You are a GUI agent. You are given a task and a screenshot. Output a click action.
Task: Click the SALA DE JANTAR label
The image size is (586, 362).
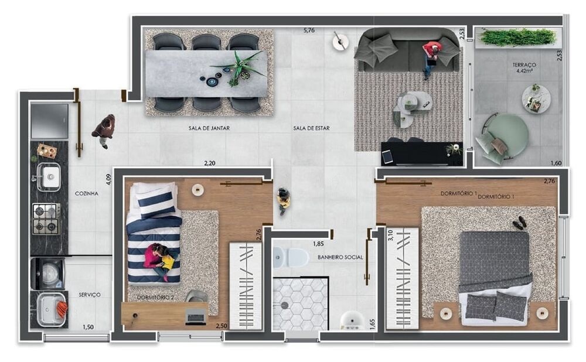point(209,128)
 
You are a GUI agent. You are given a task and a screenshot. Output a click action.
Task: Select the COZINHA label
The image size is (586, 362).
point(86,193)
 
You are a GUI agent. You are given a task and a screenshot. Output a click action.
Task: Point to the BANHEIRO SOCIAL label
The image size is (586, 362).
point(340,257)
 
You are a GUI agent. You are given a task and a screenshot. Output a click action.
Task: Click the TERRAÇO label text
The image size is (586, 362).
point(524,65)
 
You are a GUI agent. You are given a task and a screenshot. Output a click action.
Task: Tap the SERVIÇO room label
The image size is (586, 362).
point(90,295)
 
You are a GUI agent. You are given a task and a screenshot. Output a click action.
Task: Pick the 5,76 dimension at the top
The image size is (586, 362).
point(309,30)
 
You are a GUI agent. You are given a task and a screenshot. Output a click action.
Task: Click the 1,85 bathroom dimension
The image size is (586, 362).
point(318,244)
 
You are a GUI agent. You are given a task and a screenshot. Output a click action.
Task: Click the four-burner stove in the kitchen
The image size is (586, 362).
point(46,218)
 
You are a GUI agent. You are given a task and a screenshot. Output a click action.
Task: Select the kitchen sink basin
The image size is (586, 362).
point(48,175)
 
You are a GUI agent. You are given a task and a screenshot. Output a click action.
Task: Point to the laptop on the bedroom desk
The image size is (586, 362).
point(196,316)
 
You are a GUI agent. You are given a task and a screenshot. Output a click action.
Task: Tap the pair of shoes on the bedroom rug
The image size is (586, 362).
point(519,223)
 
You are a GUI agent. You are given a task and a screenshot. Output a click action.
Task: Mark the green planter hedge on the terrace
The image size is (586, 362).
point(517,37)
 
